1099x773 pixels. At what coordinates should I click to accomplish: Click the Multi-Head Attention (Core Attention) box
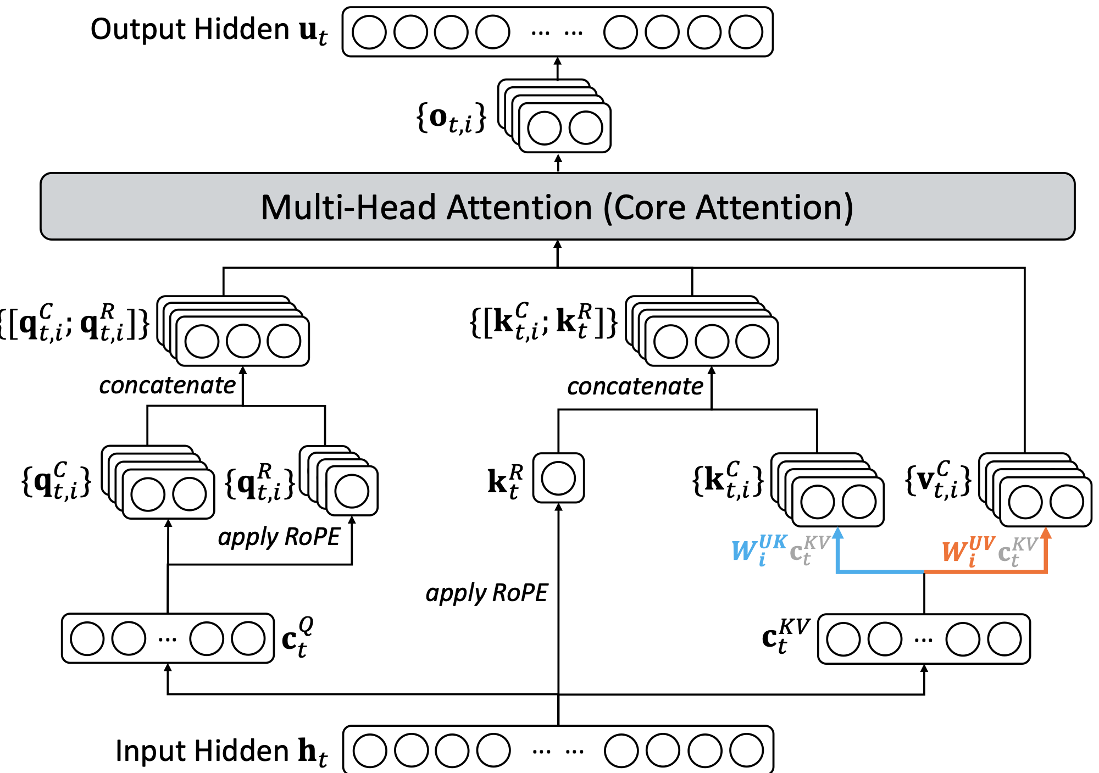point(557,207)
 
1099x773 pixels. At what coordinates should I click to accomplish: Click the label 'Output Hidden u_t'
point(209,30)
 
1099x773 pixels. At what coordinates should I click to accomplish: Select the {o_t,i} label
point(451,119)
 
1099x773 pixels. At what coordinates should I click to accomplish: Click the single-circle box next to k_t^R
point(558,478)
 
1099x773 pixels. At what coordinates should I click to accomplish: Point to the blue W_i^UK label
point(759,549)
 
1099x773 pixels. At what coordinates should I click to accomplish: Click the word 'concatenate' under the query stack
point(168,386)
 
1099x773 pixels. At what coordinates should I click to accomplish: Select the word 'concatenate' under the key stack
point(635,387)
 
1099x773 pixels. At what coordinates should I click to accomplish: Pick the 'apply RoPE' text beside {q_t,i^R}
point(279,537)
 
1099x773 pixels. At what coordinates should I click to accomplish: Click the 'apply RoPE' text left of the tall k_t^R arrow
point(487,593)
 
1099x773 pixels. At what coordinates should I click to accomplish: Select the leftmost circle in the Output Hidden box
point(369,32)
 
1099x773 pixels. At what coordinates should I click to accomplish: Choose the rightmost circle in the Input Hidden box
point(746,750)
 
